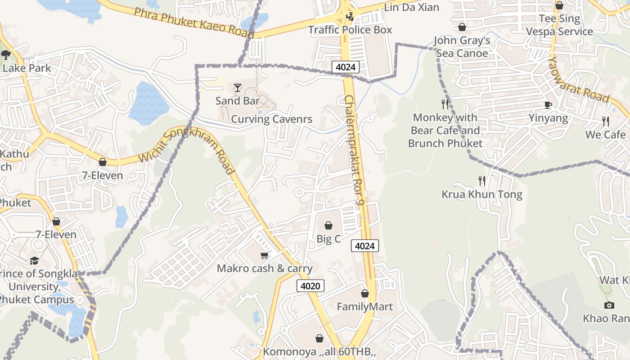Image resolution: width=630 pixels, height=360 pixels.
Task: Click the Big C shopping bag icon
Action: tap(328, 225)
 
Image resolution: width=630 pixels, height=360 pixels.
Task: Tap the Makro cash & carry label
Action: tap(265, 269)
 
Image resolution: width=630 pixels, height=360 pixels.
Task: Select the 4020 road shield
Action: tap(310, 286)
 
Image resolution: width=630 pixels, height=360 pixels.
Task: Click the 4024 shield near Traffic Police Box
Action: tap(346, 67)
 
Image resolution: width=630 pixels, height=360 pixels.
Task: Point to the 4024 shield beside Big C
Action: tap(364, 246)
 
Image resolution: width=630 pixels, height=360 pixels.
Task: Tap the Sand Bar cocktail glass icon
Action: tap(238, 87)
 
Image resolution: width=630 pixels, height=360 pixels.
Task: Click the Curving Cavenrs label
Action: tap(271, 119)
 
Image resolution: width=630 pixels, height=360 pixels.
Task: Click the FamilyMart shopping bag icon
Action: tap(365, 294)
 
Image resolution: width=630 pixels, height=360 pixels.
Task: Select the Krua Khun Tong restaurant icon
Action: tap(482, 181)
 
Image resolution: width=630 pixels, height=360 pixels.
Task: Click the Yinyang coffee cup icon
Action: tap(548, 105)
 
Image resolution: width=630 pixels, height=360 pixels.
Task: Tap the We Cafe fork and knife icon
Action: tap(606, 121)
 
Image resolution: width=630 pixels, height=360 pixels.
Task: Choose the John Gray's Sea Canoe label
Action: tap(462, 47)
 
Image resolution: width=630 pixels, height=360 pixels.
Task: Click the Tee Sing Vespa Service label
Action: tap(560, 25)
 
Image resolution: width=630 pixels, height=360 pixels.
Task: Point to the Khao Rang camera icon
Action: tap(609, 306)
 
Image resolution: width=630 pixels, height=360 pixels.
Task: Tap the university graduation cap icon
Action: tap(34, 261)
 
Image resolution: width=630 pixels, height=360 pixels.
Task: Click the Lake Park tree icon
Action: tap(6, 55)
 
